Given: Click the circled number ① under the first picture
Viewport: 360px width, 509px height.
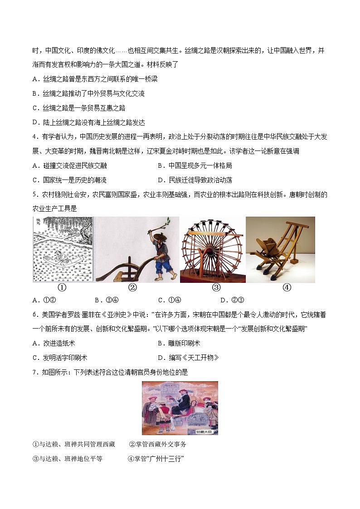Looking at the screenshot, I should point(62,287).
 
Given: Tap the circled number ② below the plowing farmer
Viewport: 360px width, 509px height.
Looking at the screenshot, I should point(132,287).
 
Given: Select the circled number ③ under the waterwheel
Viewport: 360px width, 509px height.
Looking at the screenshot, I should point(216,287).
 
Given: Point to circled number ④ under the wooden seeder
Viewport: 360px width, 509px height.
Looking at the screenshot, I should point(287,287).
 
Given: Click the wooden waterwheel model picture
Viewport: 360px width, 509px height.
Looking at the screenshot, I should point(213,250).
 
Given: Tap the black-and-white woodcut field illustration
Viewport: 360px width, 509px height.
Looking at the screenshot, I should point(63,250).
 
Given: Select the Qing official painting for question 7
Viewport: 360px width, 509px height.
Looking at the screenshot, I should point(180,408).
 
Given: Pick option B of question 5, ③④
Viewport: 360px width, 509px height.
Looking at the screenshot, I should point(107,300).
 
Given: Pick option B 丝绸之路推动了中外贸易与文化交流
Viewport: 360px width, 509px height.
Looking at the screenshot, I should point(88,94).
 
